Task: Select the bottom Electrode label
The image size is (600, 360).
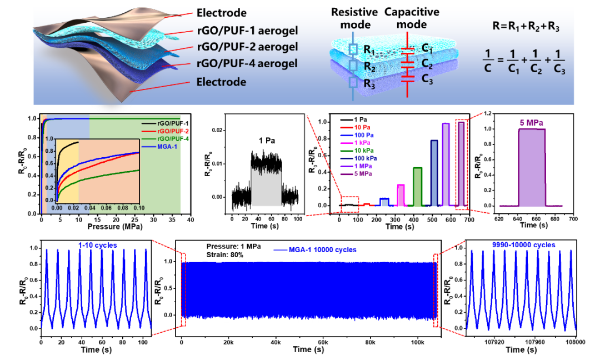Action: click(x=221, y=82)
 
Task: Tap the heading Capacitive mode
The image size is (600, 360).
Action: click(x=412, y=18)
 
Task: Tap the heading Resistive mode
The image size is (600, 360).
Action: click(x=354, y=18)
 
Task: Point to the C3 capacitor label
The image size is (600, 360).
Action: click(x=427, y=79)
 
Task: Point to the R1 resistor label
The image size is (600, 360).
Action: click(x=369, y=51)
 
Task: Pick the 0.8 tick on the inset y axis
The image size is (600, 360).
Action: click(x=49, y=151)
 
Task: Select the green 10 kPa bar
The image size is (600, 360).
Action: click(x=417, y=186)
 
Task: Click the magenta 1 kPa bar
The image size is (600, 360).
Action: click(x=401, y=194)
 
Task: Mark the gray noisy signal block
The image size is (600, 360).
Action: click(x=267, y=187)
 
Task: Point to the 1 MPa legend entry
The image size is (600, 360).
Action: click(x=356, y=166)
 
